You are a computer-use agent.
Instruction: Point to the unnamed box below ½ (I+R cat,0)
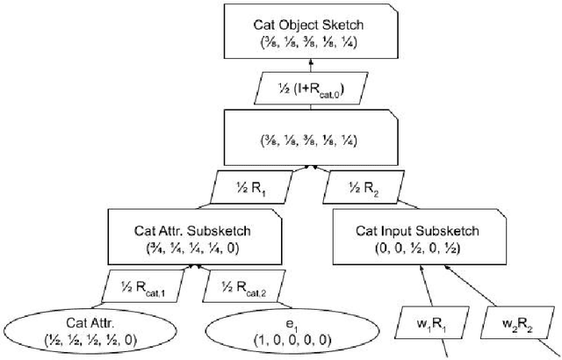point(303,138)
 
